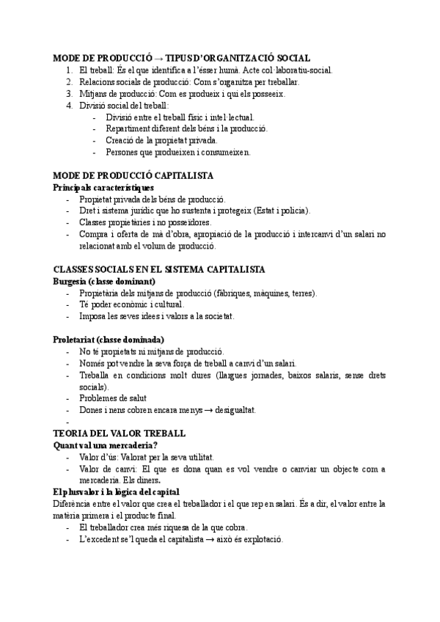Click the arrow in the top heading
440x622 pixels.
click(157, 58)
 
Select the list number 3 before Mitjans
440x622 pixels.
click(68, 94)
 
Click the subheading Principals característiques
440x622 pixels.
click(103, 188)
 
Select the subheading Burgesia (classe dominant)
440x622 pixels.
click(103, 282)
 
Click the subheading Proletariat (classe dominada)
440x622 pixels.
click(109, 340)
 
